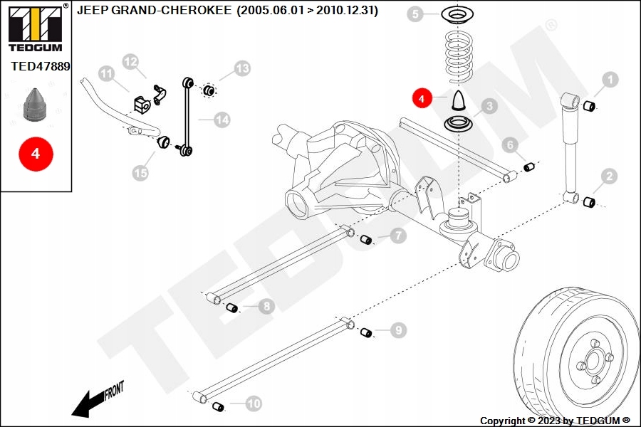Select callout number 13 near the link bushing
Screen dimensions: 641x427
click(x=243, y=68)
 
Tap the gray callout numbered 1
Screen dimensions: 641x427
click(x=610, y=80)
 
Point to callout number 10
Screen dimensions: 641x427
click(x=254, y=404)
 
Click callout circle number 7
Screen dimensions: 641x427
click(x=398, y=236)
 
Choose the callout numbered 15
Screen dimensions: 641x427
click(x=141, y=172)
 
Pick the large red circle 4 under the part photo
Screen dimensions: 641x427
click(x=36, y=152)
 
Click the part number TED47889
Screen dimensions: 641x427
click(x=41, y=66)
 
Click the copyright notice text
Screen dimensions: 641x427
click(x=555, y=421)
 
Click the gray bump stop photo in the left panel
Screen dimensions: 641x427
click(x=35, y=105)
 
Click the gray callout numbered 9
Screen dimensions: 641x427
click(x=398, y=330)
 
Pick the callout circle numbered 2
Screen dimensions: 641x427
click(x=609, y=176)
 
